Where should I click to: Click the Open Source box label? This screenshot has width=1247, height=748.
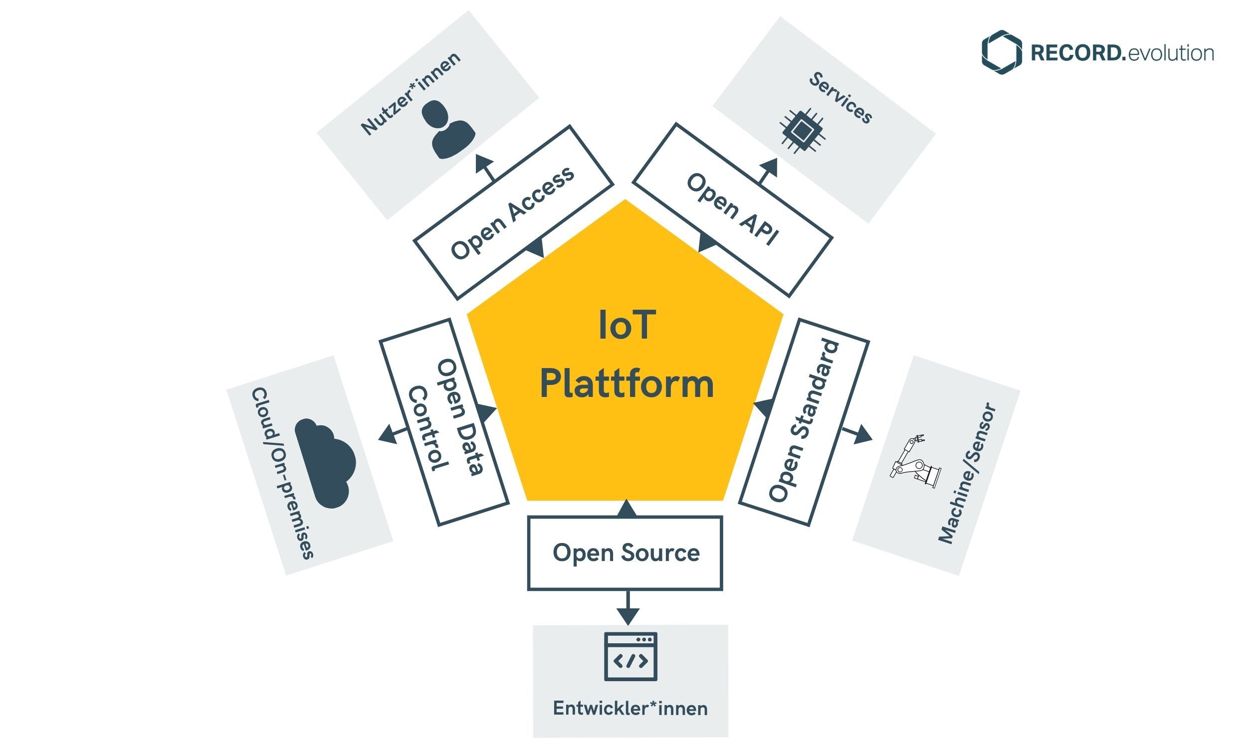625,553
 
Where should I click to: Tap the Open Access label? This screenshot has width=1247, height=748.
512,213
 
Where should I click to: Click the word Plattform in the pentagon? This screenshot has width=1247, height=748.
626,384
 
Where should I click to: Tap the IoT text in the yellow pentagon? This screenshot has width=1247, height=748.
626,325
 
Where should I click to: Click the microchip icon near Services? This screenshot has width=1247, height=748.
802,131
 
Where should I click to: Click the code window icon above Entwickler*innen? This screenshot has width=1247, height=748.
630,656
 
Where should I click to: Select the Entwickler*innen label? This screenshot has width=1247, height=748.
630,708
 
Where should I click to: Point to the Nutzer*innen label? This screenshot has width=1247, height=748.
411,94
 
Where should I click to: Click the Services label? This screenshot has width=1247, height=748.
840,98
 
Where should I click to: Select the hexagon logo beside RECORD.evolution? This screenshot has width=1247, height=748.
1001,52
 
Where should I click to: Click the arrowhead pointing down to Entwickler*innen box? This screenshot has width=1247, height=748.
627,615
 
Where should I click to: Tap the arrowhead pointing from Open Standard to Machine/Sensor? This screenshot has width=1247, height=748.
863,434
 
